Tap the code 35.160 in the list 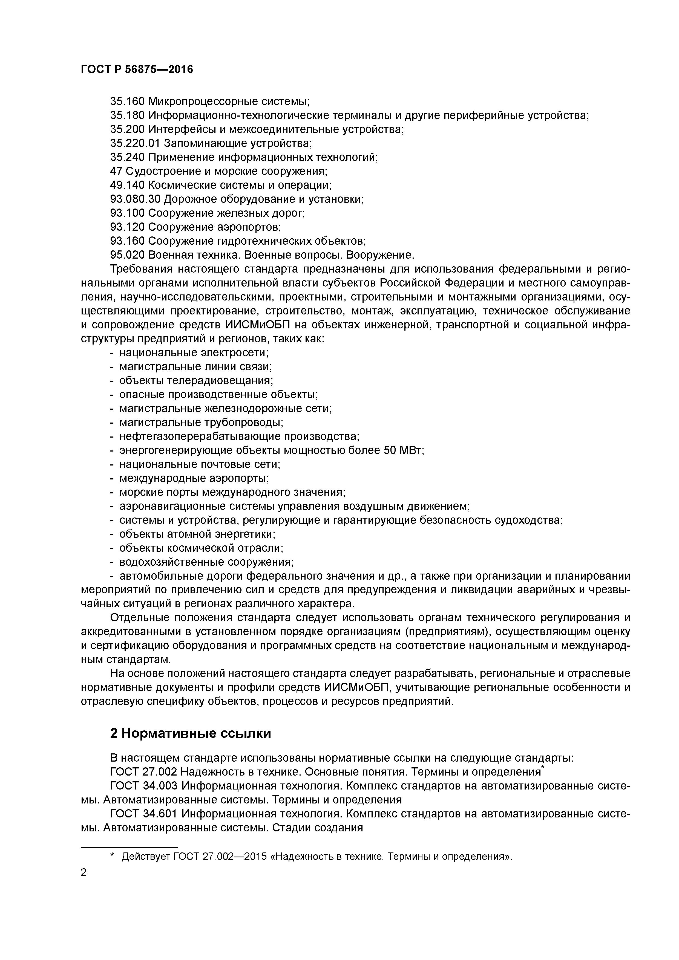[x=127, y=101]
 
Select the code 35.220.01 [x=135, y=143]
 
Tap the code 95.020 [x=127, y=255]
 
